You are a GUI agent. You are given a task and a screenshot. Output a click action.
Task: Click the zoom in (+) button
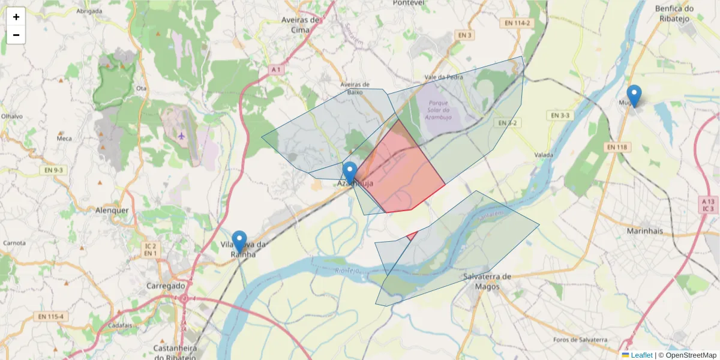coord(16,17)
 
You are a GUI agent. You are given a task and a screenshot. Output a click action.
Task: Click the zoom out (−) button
coord(16,35)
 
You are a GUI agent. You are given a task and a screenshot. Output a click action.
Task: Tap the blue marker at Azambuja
coord(350,173)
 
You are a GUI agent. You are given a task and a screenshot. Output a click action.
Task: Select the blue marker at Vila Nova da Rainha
coord(239,241)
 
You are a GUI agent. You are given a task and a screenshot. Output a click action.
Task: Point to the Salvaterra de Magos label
coord(487,281)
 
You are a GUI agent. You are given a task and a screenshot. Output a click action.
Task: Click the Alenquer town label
coord(112,211)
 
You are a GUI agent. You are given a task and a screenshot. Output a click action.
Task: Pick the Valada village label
coord(544,155)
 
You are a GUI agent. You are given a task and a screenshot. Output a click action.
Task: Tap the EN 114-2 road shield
coord(517,23)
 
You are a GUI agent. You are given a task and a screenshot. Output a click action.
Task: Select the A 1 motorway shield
coord(275,70)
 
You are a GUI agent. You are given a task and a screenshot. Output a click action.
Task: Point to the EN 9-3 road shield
coord(54,170)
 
